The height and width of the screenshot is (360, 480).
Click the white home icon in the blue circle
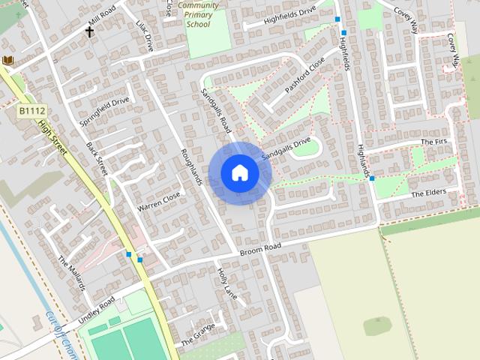(239, 173)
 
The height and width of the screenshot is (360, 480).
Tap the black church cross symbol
(90, 31)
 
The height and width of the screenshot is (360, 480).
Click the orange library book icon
(7, 60)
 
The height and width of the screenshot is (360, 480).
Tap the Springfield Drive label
(105, 110)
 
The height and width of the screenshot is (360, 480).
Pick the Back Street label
(97, 157)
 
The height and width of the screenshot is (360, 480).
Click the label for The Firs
(433, 142)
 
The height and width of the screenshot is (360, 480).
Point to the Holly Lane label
(226, 283)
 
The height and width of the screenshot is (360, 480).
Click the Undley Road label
(97, 307)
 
